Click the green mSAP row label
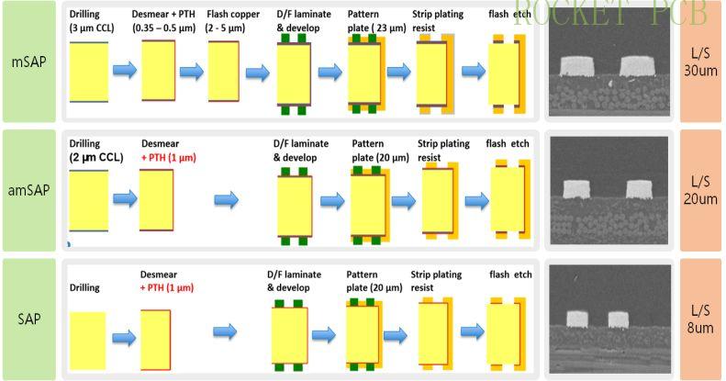pos(29,63)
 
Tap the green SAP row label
pos(29,319)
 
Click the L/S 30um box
pos(700,63)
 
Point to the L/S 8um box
pos(700,319)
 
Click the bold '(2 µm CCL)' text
pos(96,158)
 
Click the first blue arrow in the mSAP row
pos(124,69)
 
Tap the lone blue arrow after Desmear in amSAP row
pos(226,199)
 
